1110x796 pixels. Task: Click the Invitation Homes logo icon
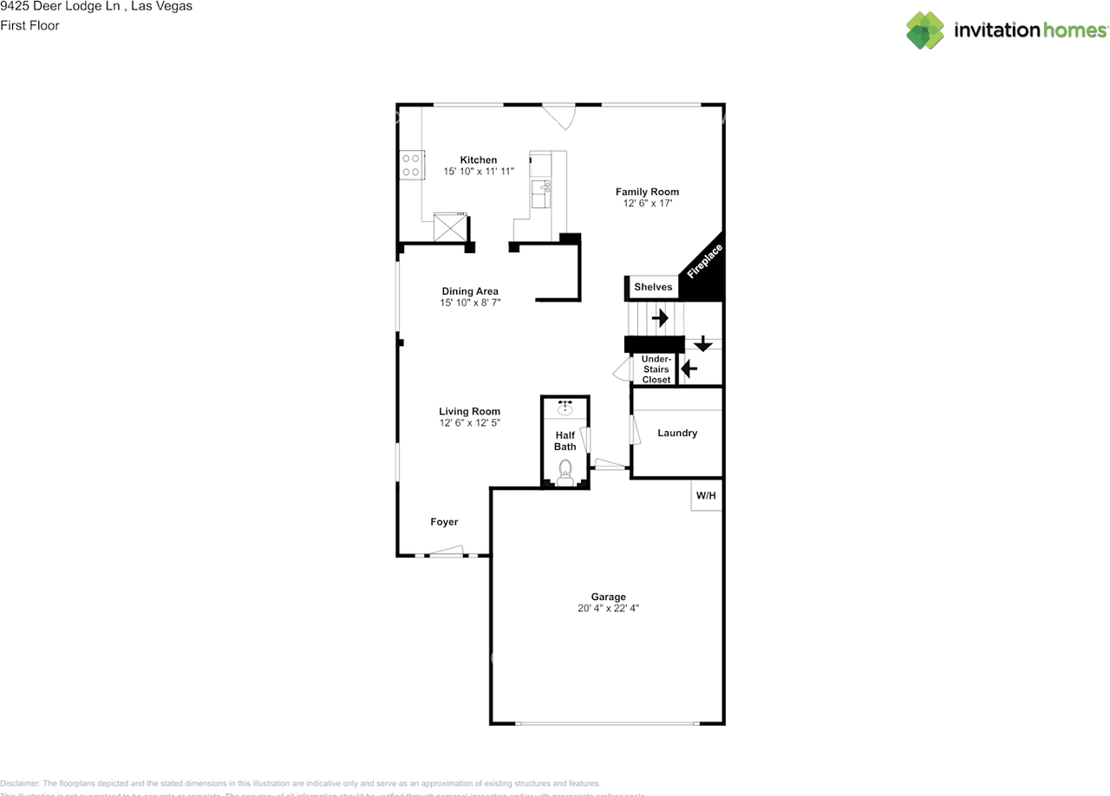click(925, 30)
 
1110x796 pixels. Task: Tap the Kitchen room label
click(479, 160)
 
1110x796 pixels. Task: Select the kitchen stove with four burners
click(411, 165)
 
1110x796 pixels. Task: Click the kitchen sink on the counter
click(544, 187)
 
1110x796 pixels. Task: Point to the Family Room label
click(647, 192)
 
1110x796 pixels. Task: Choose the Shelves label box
click(653, 287)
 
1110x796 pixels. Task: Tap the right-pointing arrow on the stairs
click(660, 318)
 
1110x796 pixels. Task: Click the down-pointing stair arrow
click(702, 343)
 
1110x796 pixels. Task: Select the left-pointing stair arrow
click(689, 369)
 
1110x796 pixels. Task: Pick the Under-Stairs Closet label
click(656, 369)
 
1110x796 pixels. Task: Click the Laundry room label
click(677, 433)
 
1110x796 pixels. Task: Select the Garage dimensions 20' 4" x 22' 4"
click(609, 609)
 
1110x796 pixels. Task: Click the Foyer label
click(444, 522)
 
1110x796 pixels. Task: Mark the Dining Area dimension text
click(470, 303)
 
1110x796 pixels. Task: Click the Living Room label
click(469, 411)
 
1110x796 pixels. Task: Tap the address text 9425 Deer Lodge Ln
click(61, 7)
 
